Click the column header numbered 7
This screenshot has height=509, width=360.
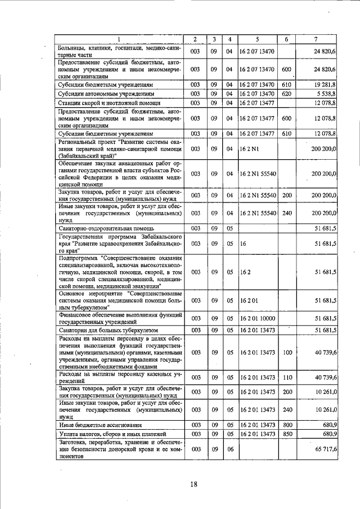[x=317, y=39]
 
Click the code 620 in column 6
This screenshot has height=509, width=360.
[x=286, y=93]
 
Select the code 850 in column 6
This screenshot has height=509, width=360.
[x=286, y=435]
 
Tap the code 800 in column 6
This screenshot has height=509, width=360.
[x=286, y=425]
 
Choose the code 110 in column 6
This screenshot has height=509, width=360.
[x=286, y=377]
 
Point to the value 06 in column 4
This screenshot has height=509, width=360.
[x=229, y=450]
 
